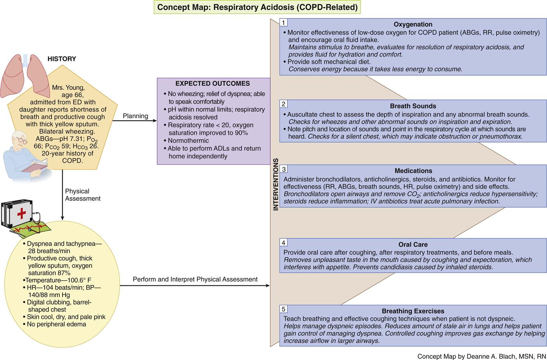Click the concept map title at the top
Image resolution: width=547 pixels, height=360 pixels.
click(x=257, y=7)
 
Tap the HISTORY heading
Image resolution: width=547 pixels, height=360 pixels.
click(x=62, y=59)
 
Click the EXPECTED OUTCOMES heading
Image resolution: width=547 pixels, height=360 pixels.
click(x=213, y=84)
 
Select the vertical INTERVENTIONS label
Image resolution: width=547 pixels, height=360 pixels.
click(x=276, y=184)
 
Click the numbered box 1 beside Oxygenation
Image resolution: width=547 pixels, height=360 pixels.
click(x=284, y=23)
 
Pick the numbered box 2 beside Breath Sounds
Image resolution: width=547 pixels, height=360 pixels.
click(x=284, y=104)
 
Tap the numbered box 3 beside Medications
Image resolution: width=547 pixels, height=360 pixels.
click(x=284, y=169)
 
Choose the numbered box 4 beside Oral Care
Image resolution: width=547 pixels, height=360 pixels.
click(x=284, y=242)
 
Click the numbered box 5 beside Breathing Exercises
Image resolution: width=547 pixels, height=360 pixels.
click(x=284, y=309)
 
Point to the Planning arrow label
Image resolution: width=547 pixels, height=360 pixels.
click(x=136, y=116)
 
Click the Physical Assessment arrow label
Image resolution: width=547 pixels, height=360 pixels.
click(x=82, y=195)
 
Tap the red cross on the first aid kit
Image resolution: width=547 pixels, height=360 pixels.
click(x=21, y=213)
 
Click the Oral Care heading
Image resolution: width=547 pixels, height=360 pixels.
click(x=413, y=245)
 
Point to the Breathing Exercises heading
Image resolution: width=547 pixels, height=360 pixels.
click(x=413, y=311)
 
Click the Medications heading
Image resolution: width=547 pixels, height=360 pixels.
click(x=413, y=171)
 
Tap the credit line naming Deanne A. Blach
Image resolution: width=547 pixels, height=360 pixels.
click(x=481, y=356)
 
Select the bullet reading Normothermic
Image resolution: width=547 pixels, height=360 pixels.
click(x=188, y=141)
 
